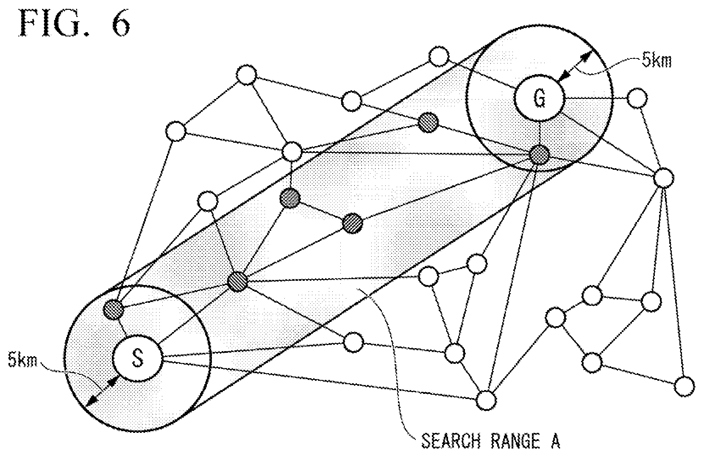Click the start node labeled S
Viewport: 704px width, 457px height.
point(137,358)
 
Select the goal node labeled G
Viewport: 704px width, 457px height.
point(539,98)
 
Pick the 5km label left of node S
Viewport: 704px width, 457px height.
point(22,360)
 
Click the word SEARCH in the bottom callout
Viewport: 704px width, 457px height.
point(451,441)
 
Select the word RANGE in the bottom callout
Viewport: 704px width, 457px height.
point(515,441)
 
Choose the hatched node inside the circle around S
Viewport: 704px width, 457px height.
point(114,309)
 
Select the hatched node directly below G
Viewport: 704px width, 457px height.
point(539,155)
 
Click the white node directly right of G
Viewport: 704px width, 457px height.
point(637,98)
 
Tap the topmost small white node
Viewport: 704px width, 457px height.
point(439,56)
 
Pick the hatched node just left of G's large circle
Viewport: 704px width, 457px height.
point(428,122)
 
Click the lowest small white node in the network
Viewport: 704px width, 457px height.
point(486,401)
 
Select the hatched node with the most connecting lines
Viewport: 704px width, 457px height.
point(238,281)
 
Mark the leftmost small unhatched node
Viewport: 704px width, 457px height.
point(176,131)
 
